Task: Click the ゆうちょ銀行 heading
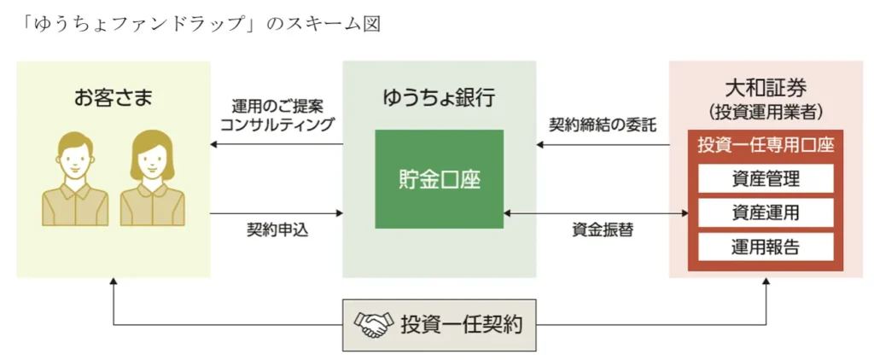click(439, 96)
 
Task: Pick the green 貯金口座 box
click(439, 178)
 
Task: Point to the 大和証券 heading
click(765, 87)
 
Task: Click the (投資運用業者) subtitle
click(765, 111)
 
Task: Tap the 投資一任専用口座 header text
click(765, 145)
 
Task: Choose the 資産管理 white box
click(765, 178)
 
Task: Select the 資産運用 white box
click(765, 212)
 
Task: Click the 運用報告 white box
click(765, 247)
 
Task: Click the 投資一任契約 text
click(461, 324)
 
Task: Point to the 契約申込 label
click(275, 230)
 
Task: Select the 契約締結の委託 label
click(603, 125)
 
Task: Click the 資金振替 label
click(603, 230)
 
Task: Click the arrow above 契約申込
click(275, 213)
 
